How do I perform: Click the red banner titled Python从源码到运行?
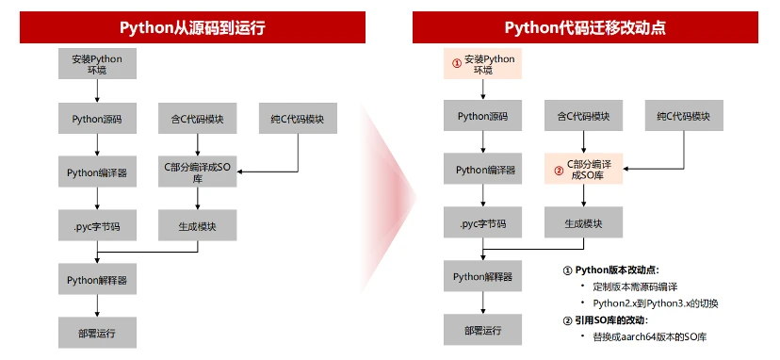pyautogui.click(x=192, y=27)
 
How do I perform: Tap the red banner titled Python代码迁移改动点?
pyautogui.click(x=585, y=27)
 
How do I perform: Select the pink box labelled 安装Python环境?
pyautogui.click(x=482, y=64)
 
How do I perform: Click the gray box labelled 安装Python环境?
pyautogui.click(x=97, y=64)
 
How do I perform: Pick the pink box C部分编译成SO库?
pyautogui.click(x=583, y=170)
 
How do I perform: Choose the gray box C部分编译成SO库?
pyautogui.click(x=198, y=172)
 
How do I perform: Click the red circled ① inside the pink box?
pyautogui.click(x=457, y=64)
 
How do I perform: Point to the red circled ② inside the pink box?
pyautogui.click(x=560, y=170)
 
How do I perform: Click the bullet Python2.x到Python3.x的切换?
pyautogui.click(x=656, y=303)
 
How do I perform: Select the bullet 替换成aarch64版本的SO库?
pyautogui.click(x=650, y=336)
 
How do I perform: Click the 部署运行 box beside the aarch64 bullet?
pyautogui.click(x=482, y=330)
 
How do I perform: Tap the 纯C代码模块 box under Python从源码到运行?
pyautogui.click(x=298, y=119)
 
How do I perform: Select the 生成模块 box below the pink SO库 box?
pyautogui.click(x=583, y=222)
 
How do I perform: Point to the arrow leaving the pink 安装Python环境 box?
pyautogui.click(x=482, y=89)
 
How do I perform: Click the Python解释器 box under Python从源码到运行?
pyautogui.click(x=97, y=279)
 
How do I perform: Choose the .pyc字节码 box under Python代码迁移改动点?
pyautogui.click(x=482, y=222)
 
